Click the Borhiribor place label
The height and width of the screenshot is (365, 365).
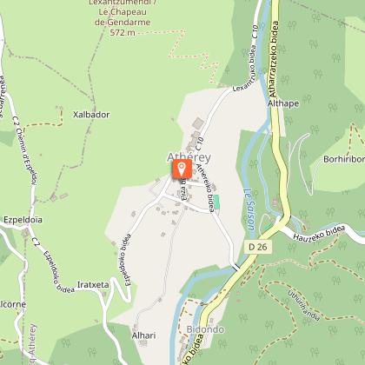point(343,160)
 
